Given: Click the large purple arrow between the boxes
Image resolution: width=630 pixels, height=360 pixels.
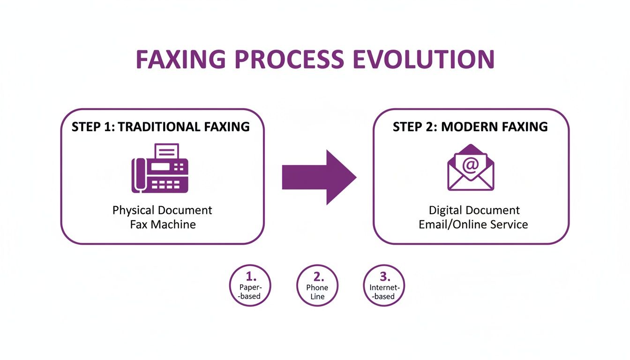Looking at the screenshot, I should (x=319, y=177).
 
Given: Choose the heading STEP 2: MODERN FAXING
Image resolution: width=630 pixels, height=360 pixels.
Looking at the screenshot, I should (x=470, y=127).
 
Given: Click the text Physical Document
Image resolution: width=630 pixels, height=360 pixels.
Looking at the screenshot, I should (x=162, y=210).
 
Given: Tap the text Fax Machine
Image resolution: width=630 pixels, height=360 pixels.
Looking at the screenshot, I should (x=163, y=224).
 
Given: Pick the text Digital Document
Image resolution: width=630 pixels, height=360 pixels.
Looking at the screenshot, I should (x=474, y=210).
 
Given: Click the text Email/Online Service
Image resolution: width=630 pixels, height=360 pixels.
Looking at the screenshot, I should (x=473, y=224).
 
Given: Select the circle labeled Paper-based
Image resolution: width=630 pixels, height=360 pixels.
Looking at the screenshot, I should (x=250, y=285).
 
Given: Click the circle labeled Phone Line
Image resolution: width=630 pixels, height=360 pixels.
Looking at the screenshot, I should (x=317, y=285).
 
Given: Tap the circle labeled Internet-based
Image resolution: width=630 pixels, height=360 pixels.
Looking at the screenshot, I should (x=384, y=285).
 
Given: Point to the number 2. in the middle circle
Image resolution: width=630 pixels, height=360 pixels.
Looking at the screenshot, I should (x=317, y=276).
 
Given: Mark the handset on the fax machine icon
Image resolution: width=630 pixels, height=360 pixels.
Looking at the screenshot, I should (x=138, y=174).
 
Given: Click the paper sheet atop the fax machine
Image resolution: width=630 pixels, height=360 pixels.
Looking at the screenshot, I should (x=166, y=151).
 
